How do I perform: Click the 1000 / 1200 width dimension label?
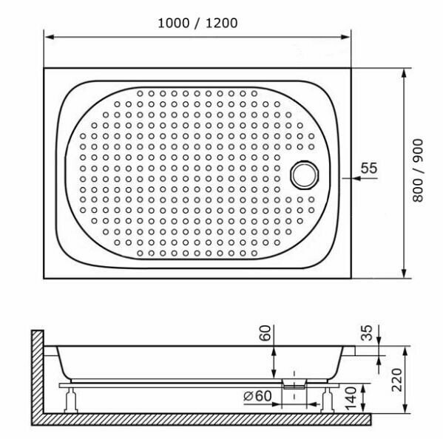pyautogui.click(x=197, y=23)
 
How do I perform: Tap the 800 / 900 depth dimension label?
pyautogui.click(x=418, y=171)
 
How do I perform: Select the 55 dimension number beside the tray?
pyautogui.click(x=369, y=168)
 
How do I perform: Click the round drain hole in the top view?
pyautogui.click(x=305, y=174)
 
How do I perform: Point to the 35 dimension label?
pyautogui.click(x=367, y=333)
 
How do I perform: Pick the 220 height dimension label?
pyautogui.click(x=396, y=380)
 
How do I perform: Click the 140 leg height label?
pyautogui.click(x=351, y=398)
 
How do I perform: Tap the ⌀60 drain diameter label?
pyautogui.click(x=257, y=396)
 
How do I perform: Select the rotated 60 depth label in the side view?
pyautogui.click(x=265, y=333)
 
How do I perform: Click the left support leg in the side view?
pyautogui.click(x=71, y=400)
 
